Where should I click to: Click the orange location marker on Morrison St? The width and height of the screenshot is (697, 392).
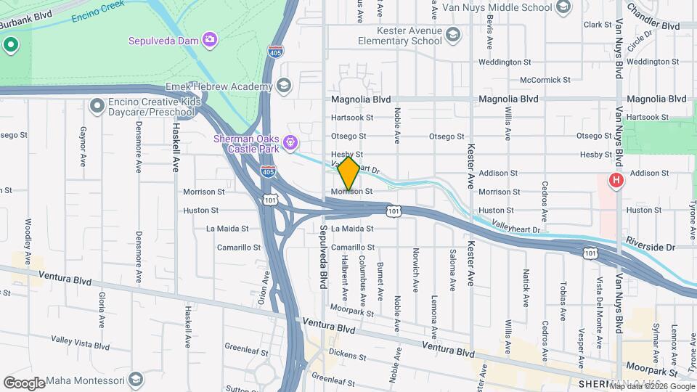tap(348, 173)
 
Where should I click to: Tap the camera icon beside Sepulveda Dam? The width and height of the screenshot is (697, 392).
tap(210, 39)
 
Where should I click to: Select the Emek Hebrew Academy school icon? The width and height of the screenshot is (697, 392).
tap(284, 87)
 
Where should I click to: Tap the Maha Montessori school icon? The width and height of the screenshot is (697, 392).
tap(135, 380)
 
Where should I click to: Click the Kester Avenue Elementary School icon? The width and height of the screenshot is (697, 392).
tap(452, 36)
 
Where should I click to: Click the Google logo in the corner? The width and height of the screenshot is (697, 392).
tap(25, 383)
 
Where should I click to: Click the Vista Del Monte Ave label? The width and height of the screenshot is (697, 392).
tap(600, 301)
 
